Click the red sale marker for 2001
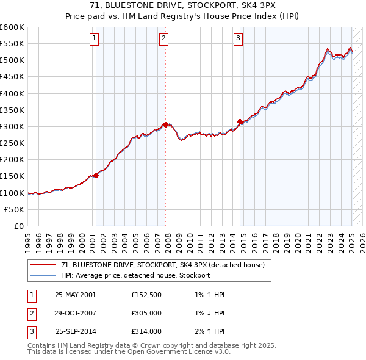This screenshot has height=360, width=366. pyautogui.click(x=96, y=175)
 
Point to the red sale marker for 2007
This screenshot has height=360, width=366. pyautogui.click(x=165, y=124)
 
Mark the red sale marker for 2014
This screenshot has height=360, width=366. pyautogui.click(x=240, y=121)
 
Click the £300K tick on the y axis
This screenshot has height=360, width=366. pyautogui.click(x=12, y=126)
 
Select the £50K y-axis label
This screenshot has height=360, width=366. pyautogui.click(x=14, y=209)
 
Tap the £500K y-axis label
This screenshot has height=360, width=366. pyautogui.click(x=12, y=60)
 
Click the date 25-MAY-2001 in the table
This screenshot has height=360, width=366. pyautogui.click(x=76, y=295)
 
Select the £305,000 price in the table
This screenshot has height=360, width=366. pyautogui.click(x=146, y=313)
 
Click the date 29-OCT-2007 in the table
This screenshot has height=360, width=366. pyautogui.click(x=76, y=313)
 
